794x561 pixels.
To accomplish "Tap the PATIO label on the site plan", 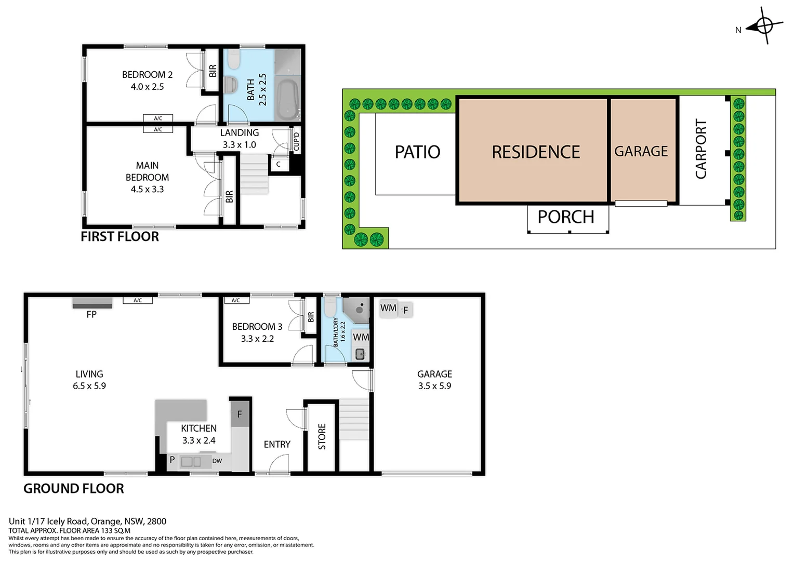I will (417, 152).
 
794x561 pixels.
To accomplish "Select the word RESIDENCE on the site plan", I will (535, 152).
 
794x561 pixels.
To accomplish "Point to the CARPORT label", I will (701, 149).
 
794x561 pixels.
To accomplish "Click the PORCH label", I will (565, 217).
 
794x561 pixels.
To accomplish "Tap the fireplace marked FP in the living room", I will (92, 303).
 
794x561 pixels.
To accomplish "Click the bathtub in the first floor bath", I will (287, 98).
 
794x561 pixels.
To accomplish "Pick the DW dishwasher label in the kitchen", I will (217, 461).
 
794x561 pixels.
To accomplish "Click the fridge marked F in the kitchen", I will (240, 415).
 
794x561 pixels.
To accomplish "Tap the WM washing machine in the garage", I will (388, 308).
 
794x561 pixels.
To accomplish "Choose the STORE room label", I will (322, 436).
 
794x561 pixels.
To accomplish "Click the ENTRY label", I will (277, 444).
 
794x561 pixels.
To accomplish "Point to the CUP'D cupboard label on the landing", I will (296, 141).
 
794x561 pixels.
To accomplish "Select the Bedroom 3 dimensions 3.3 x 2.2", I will (257, 339).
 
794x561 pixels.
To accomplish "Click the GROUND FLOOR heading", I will (74, 488).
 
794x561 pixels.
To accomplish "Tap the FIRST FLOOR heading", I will (120, 236).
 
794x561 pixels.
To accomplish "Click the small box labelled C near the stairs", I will (279, 164).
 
